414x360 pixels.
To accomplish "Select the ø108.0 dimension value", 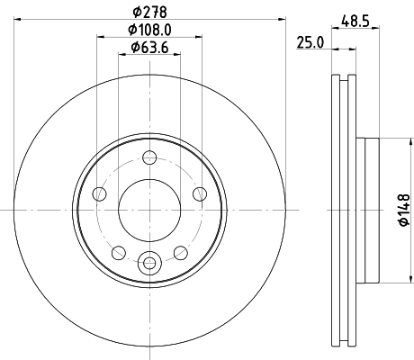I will (x=149, y=30).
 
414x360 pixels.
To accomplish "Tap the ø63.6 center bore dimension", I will (x=149, y=47).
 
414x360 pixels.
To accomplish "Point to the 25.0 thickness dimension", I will (x=309, y=41).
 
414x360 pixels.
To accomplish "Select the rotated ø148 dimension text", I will (x=404, y=209).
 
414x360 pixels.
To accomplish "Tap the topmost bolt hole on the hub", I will (x=149, y=162).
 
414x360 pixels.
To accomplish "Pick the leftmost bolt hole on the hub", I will (x=101, y=193).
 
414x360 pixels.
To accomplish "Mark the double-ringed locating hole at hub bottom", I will (x=149, y=263).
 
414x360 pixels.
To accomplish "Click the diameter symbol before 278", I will (x=135, y=12).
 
